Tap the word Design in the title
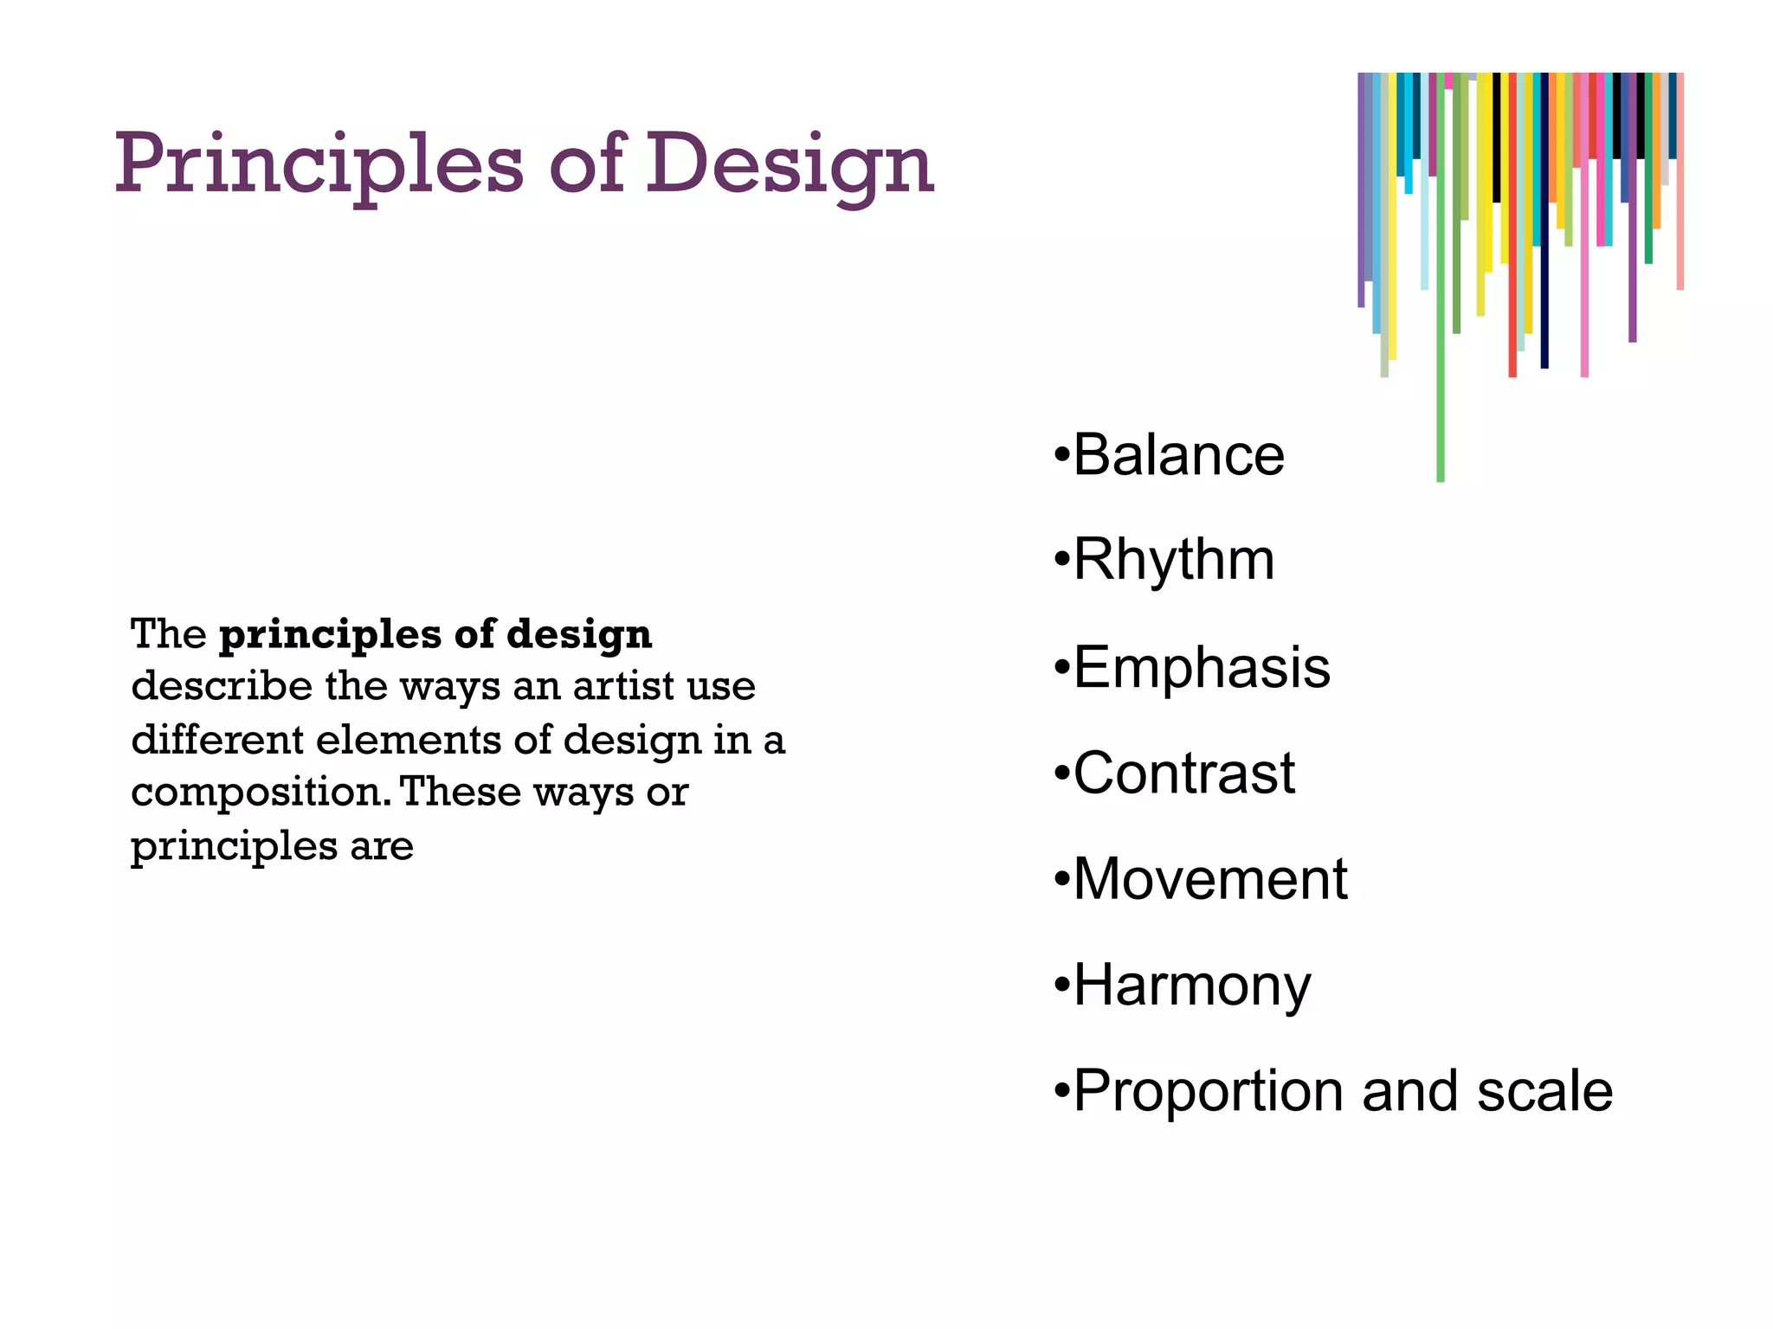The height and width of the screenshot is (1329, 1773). pos(790,164)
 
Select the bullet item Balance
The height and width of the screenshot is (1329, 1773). pos(1177,455)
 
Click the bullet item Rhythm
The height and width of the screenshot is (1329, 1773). pos(1173,560)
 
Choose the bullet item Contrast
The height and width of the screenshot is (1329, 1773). pos(1183,773)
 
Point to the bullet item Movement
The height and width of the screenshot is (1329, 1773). pos(1209,879)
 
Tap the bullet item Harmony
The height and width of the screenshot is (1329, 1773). pos(1191,986)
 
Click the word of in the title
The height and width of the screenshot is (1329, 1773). pos(587,164)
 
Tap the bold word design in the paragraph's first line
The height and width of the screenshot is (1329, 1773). pos(579,636)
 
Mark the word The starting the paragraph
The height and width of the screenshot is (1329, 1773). pos(168,634)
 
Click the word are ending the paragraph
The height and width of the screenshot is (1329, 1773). pos(381,846)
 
